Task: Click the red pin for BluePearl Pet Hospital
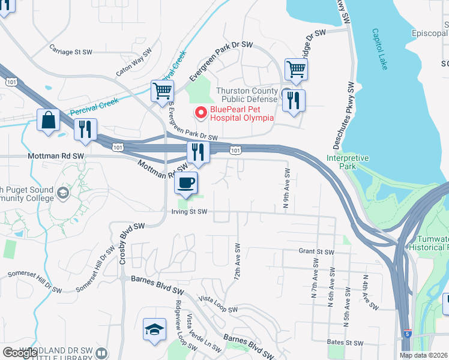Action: pyautogui.click(x=200, y=112)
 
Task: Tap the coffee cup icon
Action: pyautogui.click(x=186, y=182)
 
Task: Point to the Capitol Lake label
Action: pyautogui.click(x=380, y=49)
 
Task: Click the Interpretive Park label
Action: pyautogui.click(x=348, y=161)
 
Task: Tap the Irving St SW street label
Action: pyautogui.click(x=188, y=211)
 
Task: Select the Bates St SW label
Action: pyautogui.click(x=346, y=343)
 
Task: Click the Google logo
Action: pyautogui.click(x=20, y=353)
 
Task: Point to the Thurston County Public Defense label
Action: pyautogui.click(x=247, y=95)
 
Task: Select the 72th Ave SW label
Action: pyautogui.click(x=238, y=263)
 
